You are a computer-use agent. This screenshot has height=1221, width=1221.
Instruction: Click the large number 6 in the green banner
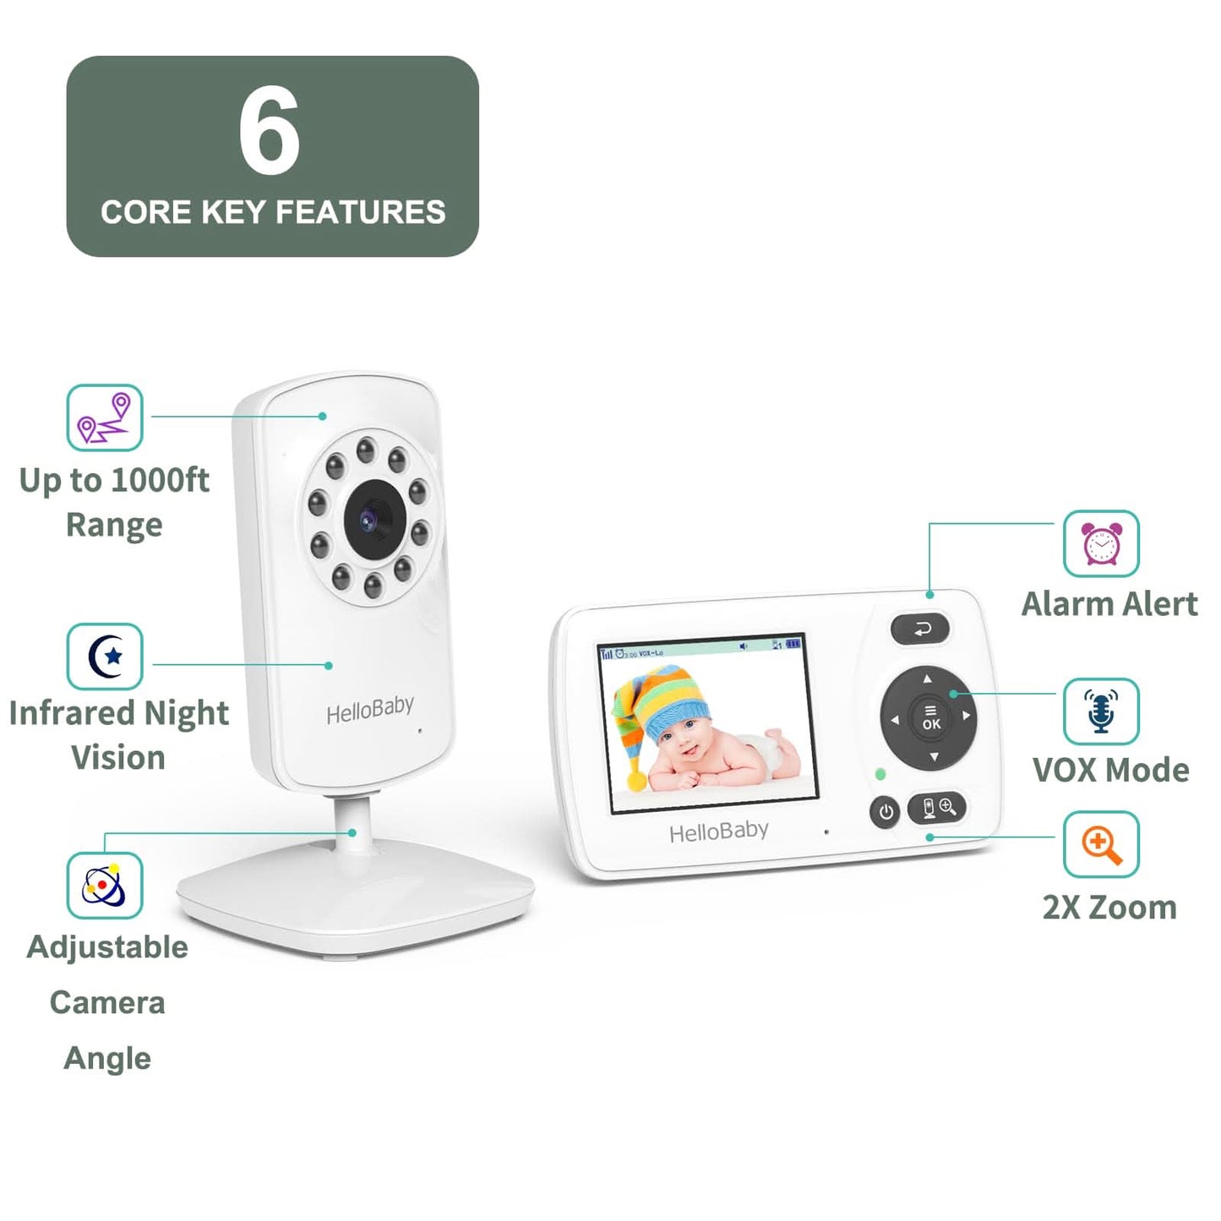click(269, 132)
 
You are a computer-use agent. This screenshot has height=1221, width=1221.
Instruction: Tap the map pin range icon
click(105, 417)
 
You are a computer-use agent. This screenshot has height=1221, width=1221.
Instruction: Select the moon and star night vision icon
click(105, 657)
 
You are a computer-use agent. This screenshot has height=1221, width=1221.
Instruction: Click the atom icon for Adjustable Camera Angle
click(105, 885)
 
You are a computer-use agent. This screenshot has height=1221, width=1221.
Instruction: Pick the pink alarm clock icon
click(1101, 543)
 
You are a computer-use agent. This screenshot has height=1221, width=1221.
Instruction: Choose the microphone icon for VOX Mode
click(1101, 711)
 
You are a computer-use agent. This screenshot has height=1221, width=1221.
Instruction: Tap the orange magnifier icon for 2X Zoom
click(1101, 844)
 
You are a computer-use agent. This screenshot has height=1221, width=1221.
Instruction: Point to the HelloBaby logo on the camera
click(370, 709)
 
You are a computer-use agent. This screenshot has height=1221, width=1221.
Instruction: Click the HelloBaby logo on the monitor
click(718, 832)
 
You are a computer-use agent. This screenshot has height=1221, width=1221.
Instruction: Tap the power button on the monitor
click(886, 812)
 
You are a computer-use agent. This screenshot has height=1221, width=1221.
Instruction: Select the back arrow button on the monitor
click(920, 629)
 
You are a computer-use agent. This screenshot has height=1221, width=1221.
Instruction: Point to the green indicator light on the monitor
click(880, 773)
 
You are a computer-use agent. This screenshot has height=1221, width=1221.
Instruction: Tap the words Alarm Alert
click(1109, 604)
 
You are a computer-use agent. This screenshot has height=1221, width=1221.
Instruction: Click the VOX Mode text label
click(1110, 770)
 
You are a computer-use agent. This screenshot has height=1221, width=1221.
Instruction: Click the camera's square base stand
click(355, 896)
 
